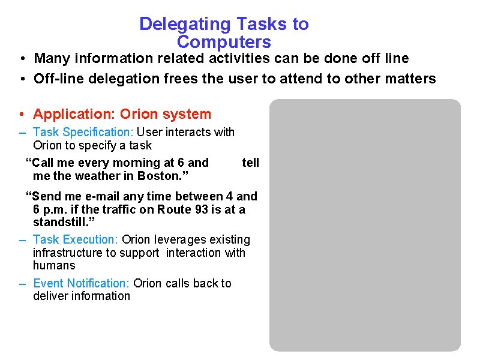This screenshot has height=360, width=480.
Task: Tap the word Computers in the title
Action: pyautogui.click(x=224, y=43)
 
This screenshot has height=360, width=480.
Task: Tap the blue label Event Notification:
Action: pyautogui.click(x=82, y=283)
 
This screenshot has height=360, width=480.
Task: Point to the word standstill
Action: pyautogui.click(x=61, y=222)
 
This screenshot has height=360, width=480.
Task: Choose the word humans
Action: pyautogui.click(x=54, y=265)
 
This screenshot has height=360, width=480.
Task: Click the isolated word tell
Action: pyautogui.click(x=250, y=163)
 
